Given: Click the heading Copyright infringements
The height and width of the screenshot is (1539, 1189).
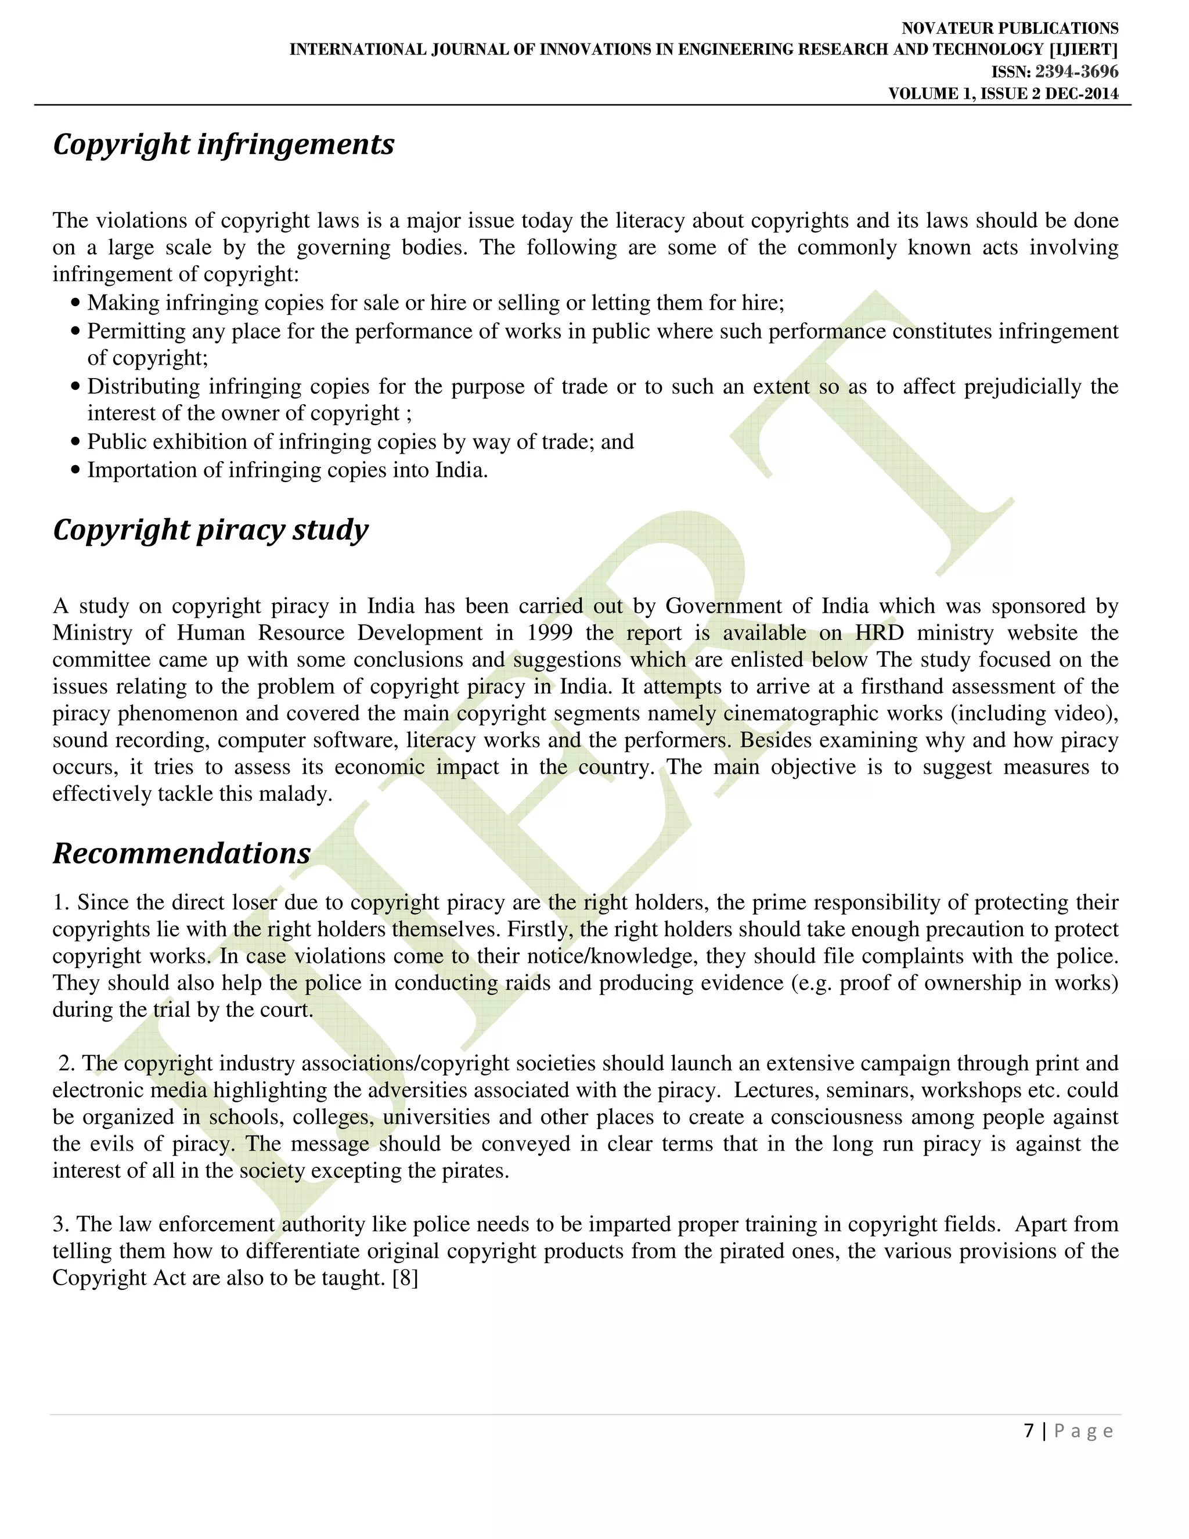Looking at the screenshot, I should [224, 145].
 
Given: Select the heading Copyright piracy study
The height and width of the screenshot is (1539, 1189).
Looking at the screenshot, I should [210, 530].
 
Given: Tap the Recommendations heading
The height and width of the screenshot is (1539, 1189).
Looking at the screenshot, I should [182, 853].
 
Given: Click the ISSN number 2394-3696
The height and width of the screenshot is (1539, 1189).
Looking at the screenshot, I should [1076, 72].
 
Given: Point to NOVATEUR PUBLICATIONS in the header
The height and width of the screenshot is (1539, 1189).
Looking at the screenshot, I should [1010, 28].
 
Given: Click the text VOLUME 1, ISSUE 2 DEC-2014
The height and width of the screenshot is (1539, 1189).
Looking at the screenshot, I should [1003, 94].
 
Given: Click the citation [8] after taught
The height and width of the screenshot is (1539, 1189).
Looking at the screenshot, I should [405, 1278].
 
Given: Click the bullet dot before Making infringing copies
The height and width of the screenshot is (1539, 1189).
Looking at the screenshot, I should [76, 304].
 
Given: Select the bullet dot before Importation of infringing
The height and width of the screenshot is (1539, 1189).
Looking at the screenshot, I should [76, 471].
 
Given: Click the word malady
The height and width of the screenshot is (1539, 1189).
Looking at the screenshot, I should [295, 794].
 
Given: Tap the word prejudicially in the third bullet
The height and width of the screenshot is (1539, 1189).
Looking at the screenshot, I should [1021, 387].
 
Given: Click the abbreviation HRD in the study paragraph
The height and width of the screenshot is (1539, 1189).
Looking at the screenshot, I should [879, 633].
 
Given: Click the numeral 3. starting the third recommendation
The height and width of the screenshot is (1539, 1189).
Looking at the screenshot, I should [62, 1224].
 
